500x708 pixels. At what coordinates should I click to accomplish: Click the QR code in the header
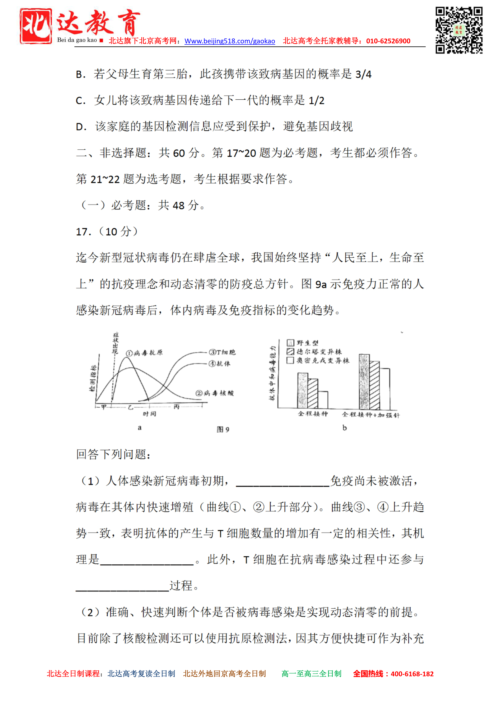pyautogui.click(x=459, y=30)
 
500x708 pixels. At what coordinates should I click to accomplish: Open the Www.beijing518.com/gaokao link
pyautogui.click(x=230, y=41)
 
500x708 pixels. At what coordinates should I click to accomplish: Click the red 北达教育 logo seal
pyautogui.click(x=36, y=26)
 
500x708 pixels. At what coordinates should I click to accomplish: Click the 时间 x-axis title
pyautogui.click(x=149, y=414)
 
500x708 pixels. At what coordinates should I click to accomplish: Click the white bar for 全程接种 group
pyautogui.click(x=323, y=400)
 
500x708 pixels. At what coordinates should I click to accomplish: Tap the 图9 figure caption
pyautogui.click(x=223, y=429)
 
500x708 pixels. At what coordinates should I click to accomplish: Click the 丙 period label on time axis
pyautogui.click(x=176, y=407)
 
